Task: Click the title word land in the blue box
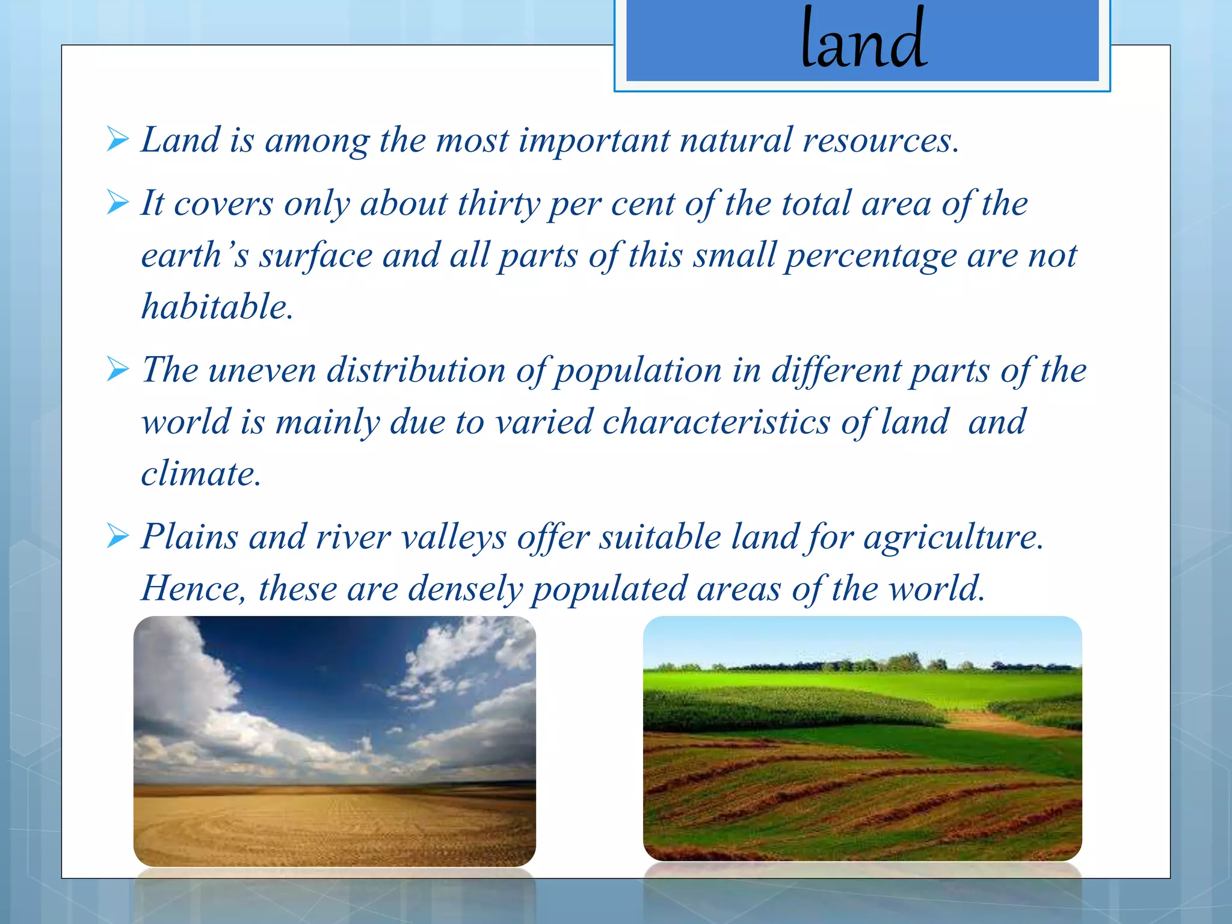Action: (x=863, y=39)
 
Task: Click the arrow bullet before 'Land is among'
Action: (x=118, y=140)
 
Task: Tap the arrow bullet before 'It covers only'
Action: (x=118, y=203)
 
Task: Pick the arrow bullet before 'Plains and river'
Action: (x=118, y=535)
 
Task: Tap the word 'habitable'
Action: (x=217, y=307)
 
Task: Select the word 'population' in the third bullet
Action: (x=638, y=371)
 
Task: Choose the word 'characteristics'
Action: (x=716, y=422)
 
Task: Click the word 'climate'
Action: (x=200, y=473)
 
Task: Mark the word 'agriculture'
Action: (x=953, y=537)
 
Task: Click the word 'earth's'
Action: (x=194, y=256)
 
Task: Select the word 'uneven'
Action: (x=262, y=370)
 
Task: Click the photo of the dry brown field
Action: (x=334, y=741)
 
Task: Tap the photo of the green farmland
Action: (x=862, y=738)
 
